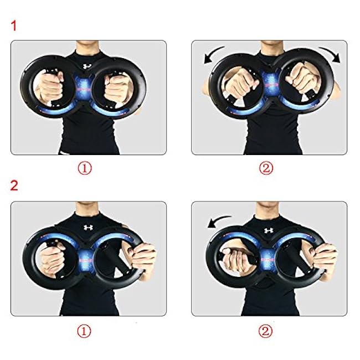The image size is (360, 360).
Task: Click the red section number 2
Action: pos(15,184)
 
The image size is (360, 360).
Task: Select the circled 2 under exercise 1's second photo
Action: pos(266,168)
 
